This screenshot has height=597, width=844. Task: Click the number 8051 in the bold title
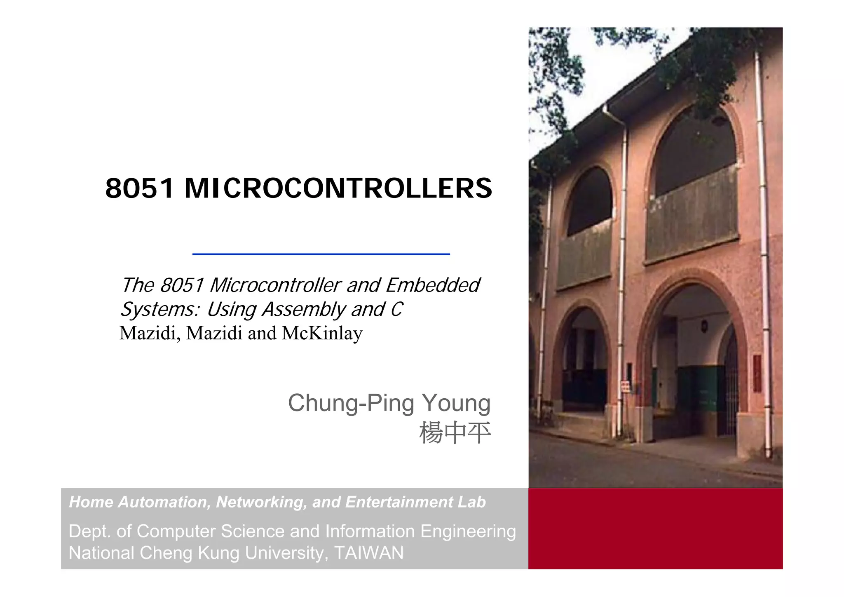click(139, 188)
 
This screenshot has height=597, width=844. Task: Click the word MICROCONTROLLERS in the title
click(338, 188)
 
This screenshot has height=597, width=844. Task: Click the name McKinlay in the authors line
click(322, 333)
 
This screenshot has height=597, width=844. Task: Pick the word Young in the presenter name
click(456, 403)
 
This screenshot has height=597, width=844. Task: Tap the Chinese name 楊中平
click(455, 433)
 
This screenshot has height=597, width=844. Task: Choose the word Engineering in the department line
click(468, 531)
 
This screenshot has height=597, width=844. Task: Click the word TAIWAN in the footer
click(369, 553)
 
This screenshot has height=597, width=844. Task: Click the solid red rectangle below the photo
click(655, 529)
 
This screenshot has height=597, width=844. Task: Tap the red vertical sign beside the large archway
click(757, 374)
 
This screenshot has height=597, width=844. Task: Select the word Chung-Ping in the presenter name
click(351, 403)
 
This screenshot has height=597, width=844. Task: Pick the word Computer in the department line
click(176, 531)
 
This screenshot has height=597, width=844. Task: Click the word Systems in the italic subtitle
click(159, 310)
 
